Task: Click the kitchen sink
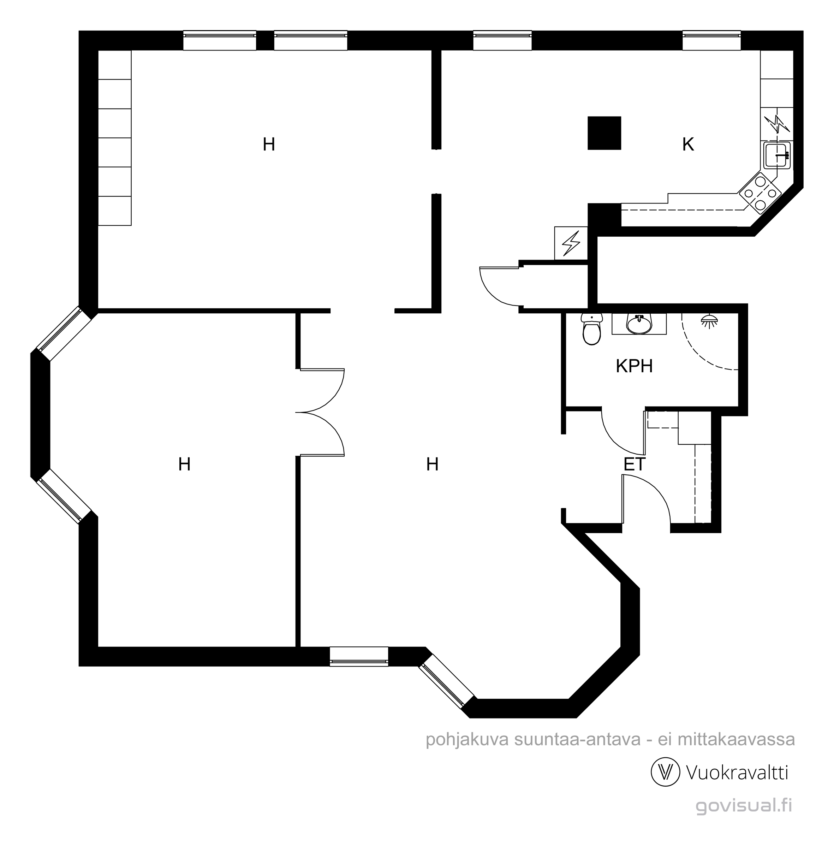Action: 777,155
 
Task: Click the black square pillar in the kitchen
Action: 604,133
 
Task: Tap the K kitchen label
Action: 688,144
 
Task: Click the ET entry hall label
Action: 635,464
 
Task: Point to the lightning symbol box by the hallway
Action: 571,243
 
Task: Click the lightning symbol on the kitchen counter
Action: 777,124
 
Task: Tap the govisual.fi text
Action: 743,806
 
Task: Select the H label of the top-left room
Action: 269,144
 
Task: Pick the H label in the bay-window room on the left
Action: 184,464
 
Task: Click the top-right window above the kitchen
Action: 711,41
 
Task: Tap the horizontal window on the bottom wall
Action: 358,656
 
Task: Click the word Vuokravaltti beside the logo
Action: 737,773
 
